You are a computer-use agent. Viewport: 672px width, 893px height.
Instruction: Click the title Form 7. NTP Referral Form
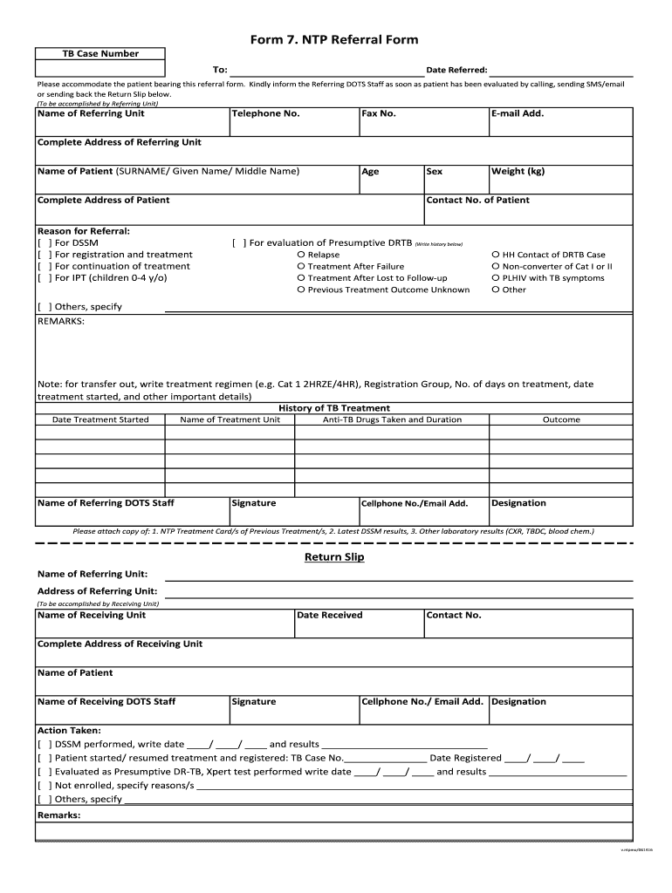click(x=334, y=40)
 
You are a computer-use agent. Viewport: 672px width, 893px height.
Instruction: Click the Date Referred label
click(x=456, y=70)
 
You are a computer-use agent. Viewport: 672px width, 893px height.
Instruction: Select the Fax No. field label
click(x=379, y=113)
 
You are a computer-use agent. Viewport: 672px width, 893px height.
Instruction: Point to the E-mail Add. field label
click(x=518, y=113)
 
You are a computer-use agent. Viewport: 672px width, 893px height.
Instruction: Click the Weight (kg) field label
click(x=518, y=172)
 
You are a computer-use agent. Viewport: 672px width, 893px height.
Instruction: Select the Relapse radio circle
click(x=301, y=256)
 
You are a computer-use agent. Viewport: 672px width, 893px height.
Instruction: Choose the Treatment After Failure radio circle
click(x=301, y=267)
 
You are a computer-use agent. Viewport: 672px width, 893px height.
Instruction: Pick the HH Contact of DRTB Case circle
click(x=496, y=256)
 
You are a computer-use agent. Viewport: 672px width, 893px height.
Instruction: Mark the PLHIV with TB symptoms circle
click(x=496, y=278)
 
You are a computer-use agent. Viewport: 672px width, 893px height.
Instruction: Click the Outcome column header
click(x=561, y=420)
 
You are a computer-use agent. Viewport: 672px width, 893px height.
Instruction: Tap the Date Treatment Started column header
click(x=100, y=420)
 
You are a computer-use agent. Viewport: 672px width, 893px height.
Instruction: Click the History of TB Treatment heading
click(x=334, y=408)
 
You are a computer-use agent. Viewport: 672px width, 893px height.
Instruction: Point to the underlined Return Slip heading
click(x=334, y=557)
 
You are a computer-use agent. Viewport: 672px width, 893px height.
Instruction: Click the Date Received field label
click(x=329, y=616)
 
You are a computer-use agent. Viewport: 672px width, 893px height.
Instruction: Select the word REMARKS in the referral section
click(x=61, y=322)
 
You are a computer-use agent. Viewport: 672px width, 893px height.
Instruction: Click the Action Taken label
click(x=69, y=731)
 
